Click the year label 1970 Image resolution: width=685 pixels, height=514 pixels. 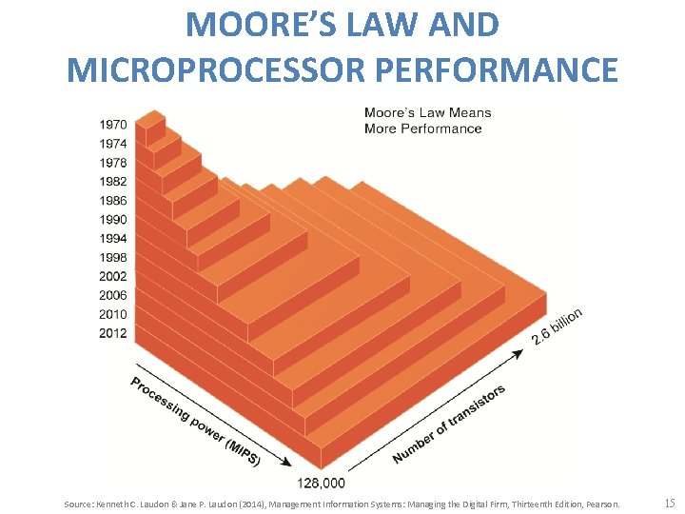112,125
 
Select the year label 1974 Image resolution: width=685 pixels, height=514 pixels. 112,144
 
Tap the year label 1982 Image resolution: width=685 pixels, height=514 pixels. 112,181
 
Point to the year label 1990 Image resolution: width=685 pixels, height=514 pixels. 112,219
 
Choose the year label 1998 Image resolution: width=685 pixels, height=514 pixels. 112,257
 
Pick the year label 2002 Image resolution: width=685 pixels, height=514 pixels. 112,276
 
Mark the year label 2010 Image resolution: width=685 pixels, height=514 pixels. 112,314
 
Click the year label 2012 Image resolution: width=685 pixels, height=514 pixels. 112,333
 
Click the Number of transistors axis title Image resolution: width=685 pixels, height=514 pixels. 449,425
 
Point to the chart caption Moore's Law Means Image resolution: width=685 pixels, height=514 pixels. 427,113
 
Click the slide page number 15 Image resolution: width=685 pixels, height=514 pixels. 669,503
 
